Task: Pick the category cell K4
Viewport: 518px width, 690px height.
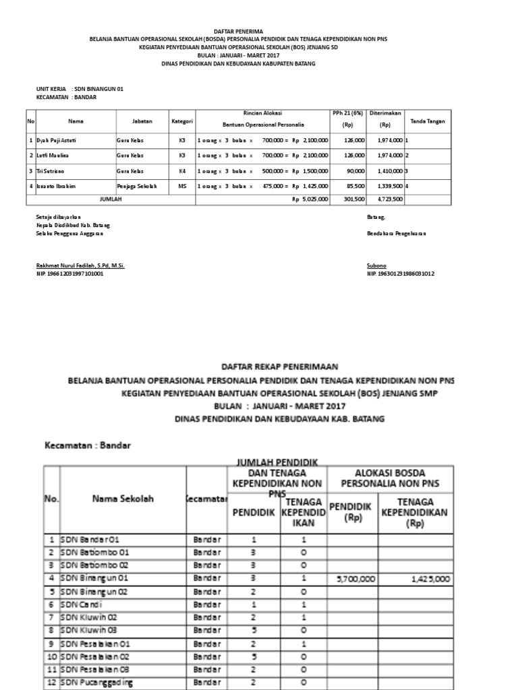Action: pyautogui.click(x=181, y=170)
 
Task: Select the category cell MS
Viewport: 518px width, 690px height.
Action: pyautogui.click(x=181, y=186)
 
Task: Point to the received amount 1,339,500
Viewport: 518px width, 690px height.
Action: pyautogui.click(x=388, y=186)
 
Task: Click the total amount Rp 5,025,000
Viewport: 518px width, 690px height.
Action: pyautogui.click(x=310, y=199)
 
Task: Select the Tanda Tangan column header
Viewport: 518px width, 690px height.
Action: pyautogui.click(x=429, y=121)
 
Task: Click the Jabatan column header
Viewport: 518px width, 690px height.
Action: pyautogui.click(x=142, y=121)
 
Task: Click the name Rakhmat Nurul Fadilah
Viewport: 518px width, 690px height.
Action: pyautogui.click(x=80, y=265)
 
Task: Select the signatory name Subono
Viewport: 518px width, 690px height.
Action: pyautogui.click(x=376, y=265)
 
